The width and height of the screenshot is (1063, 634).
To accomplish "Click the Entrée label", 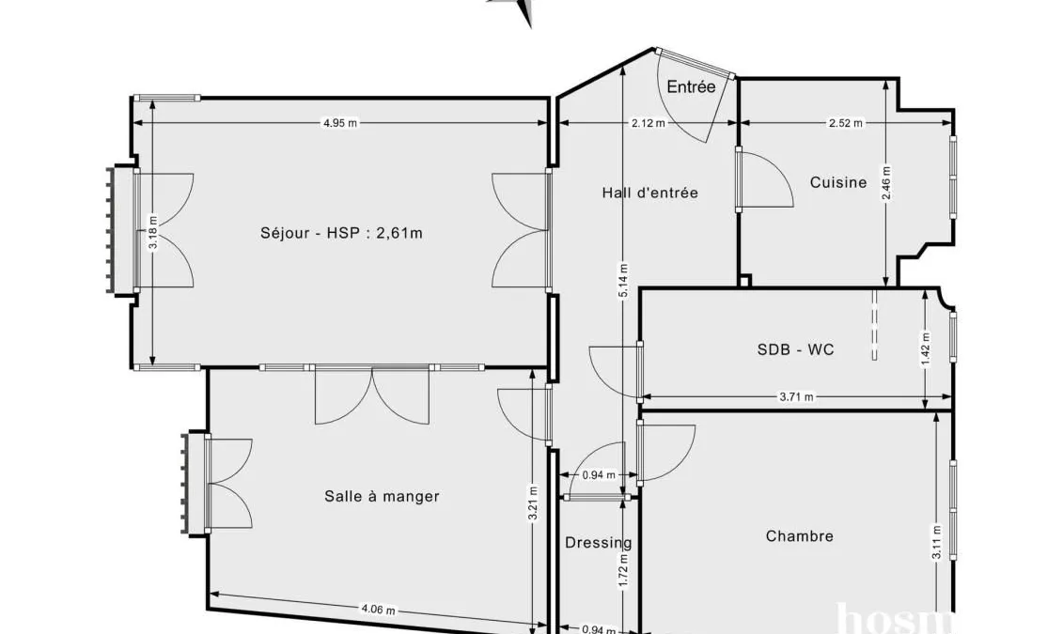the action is coord(691,86).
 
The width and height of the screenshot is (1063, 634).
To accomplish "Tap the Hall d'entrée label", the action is coord(650,193).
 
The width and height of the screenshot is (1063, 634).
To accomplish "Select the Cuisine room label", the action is coord(838,182).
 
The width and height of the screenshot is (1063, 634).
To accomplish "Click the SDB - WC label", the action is coord(795,349).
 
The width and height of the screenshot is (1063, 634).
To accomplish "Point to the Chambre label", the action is coord(799,535).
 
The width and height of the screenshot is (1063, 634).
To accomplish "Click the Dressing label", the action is coord(599,543).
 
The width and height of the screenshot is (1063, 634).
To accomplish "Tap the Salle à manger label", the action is coord(382,497).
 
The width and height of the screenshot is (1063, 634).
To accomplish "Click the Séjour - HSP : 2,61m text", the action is coord(342,233).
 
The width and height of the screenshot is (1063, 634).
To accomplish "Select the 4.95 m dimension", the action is coord(339,123).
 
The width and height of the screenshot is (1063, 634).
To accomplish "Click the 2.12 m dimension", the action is coord(649,123).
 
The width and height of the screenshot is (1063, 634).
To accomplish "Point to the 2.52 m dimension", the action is coord(846,123).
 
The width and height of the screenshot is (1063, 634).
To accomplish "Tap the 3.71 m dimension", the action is coord(796,397).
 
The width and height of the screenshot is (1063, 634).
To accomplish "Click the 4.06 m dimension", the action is coord(378,609).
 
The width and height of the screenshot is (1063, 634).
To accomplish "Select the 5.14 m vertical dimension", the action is coord(623,280).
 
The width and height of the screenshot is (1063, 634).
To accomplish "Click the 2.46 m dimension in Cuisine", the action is coord(886,183).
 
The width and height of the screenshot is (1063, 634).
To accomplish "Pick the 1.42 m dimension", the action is coord(926,348).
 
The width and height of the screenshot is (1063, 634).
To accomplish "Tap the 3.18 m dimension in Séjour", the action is coord(153,232).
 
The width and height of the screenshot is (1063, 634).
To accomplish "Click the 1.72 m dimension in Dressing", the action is coord(624,571).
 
